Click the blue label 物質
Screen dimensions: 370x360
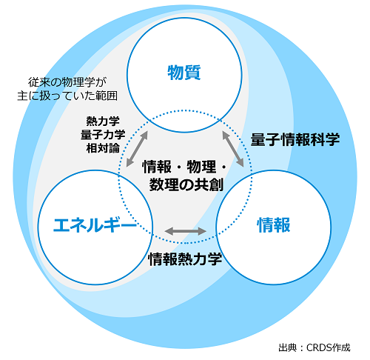coord(184,73)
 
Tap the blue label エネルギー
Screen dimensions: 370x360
coord(95,224)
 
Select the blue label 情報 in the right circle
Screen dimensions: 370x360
coord(274,225)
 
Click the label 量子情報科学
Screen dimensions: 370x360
coord(295,139)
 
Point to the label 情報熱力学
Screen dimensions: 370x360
coord(185,259)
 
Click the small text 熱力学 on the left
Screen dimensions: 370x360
coord(103,121)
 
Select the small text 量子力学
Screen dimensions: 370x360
coord(103,135)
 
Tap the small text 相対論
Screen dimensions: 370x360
coord(103,148)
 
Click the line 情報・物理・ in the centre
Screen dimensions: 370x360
coord(184,167)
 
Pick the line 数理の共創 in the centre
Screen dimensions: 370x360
coord(186,184)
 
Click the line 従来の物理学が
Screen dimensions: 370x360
coord(67,82)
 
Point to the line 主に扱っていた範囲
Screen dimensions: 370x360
coord(67,96)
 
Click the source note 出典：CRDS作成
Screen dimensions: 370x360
coord(314,347)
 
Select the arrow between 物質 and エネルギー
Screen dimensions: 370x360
coord(137,149)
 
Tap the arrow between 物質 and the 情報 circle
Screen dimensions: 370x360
coord(233,149)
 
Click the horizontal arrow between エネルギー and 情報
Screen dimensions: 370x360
coord(185,231)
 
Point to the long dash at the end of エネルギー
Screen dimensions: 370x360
coord(129,224)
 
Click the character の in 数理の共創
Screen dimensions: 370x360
coord(186,185)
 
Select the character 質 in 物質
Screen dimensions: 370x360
coord(192,73)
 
